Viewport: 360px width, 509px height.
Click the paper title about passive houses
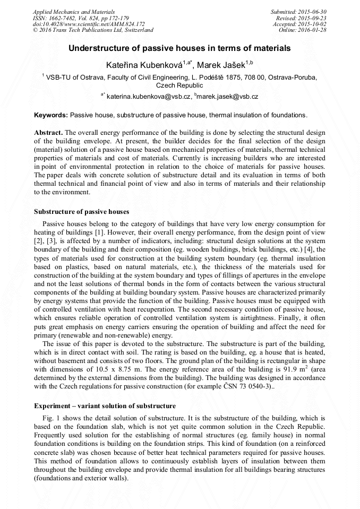tap(179, 48)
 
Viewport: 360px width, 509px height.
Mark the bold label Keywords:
tap(51, 115)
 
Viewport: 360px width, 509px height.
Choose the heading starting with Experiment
tap(105, 406)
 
